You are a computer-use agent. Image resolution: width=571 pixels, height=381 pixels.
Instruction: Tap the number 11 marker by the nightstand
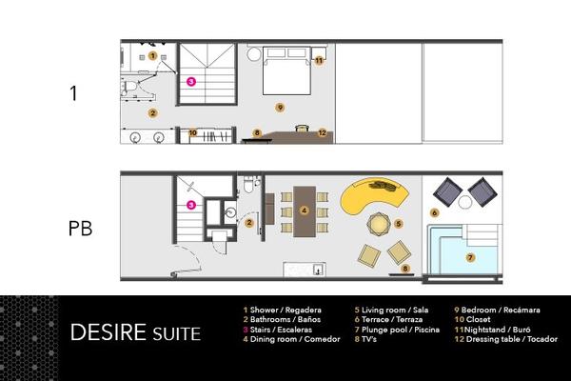point(319,60)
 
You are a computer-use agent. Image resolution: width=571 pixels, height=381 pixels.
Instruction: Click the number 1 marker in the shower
point(152,56)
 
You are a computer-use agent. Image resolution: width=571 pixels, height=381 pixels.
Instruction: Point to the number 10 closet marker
point(193,132)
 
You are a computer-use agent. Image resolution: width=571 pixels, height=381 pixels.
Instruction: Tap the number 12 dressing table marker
point(323,132)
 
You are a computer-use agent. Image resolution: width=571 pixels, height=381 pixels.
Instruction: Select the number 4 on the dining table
point(303,210)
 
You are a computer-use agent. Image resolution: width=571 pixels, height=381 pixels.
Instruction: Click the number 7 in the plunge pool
point(469,257)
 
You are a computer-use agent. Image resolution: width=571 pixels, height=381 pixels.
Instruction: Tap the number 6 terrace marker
point(434,213)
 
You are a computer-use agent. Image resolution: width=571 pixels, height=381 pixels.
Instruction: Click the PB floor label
point(80,231)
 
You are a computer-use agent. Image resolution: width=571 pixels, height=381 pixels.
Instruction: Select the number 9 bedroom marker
point(279,106)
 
